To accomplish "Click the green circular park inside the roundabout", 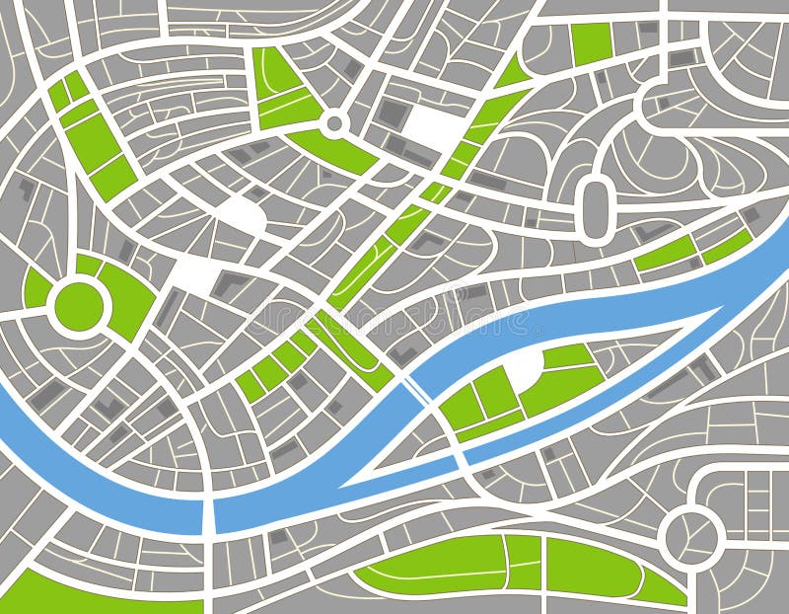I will point(79,305).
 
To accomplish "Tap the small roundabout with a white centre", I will point(334,124).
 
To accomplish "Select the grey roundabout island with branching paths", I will point(690,535).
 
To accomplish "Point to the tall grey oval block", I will point(595,207).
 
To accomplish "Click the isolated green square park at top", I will point(592,41).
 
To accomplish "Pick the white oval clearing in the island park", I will point(524,369).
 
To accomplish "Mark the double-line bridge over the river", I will point(417,390).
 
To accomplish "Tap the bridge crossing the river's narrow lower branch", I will point(460,460).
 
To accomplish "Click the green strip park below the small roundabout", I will point(335,150).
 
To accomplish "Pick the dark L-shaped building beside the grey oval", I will point(651,233).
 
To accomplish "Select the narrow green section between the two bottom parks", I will point(524,562).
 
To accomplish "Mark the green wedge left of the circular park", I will point(36,289).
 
